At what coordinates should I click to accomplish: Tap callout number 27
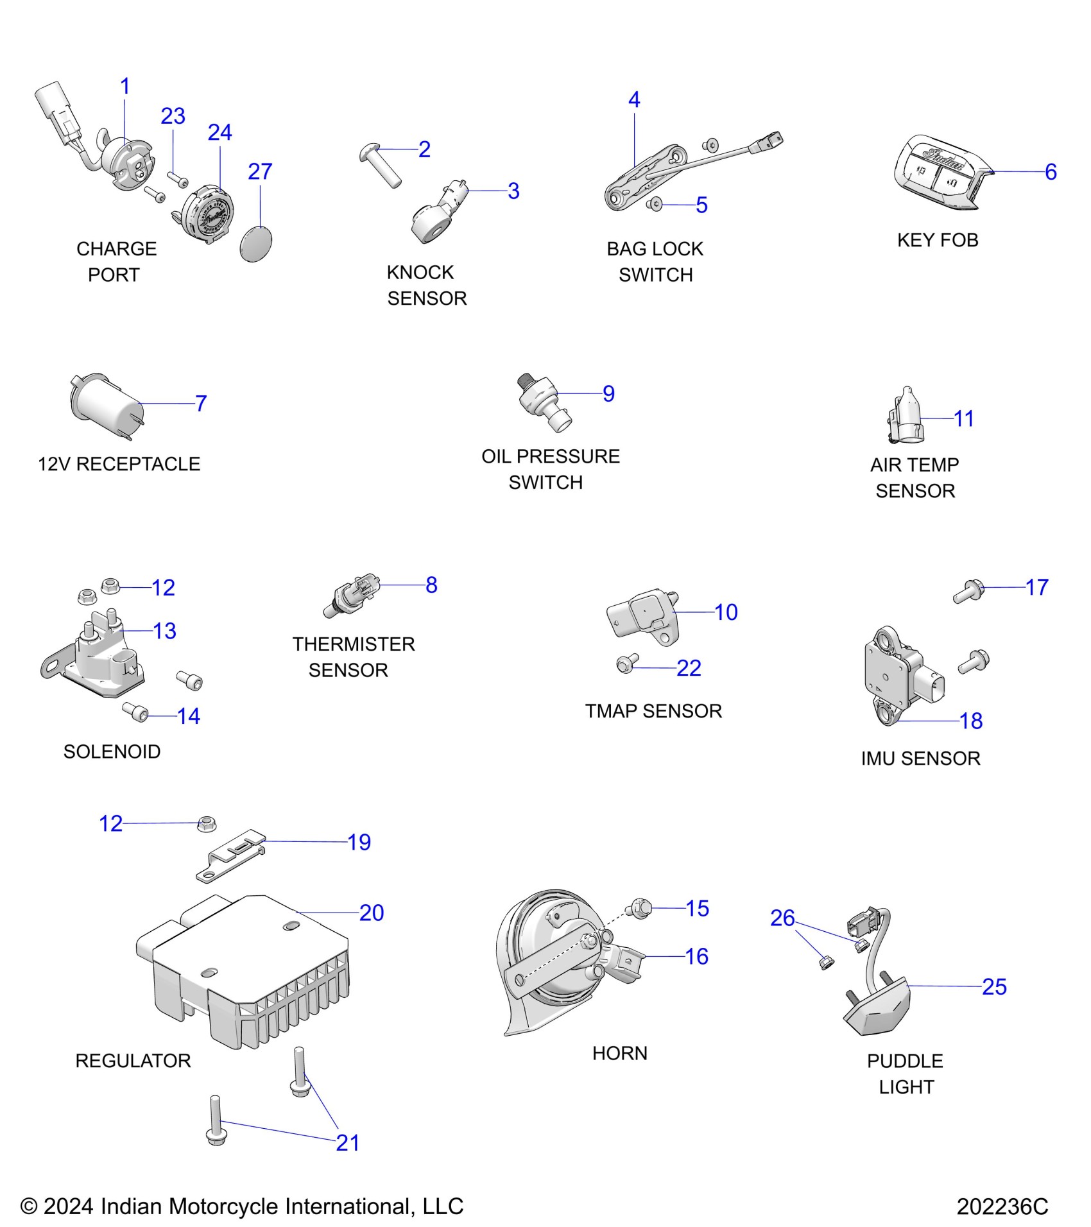260,172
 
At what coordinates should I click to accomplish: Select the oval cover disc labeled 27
256,244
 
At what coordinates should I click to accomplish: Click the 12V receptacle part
107,404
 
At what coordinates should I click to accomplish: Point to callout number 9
608,393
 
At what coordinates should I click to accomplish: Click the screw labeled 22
626,664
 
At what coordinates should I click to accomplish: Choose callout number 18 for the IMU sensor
971,721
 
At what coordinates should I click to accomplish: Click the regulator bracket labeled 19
231,857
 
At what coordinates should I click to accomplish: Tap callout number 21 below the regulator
347,1142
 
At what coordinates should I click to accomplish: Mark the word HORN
619,1053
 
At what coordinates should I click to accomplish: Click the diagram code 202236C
1002,1206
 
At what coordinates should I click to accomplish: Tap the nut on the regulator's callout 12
206,823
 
